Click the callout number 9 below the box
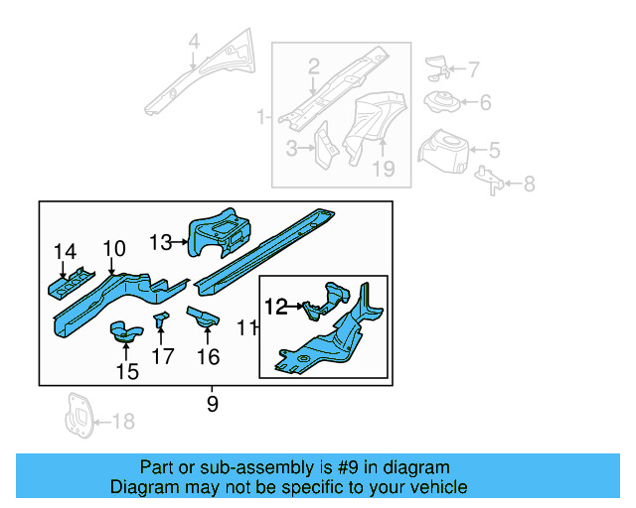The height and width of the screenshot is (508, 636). click(x=212, y=404)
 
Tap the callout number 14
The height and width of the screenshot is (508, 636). click(x=65, y=252)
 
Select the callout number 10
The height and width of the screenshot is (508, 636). click(x=113, y=248)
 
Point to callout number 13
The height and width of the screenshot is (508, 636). click(x=161, y=241)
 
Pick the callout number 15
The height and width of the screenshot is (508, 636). click(x=127, y=371)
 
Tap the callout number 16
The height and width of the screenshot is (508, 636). click(x=208, y=356)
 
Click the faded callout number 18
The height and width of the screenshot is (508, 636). click(x=122, y=423)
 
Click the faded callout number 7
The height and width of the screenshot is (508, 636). click(x=473, y=70)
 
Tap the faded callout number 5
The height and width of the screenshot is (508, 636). click(x=494, y=151)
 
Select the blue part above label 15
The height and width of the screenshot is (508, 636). click(x=124, y=330)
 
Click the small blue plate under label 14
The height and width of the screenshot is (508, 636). click(x=69, y=285)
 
